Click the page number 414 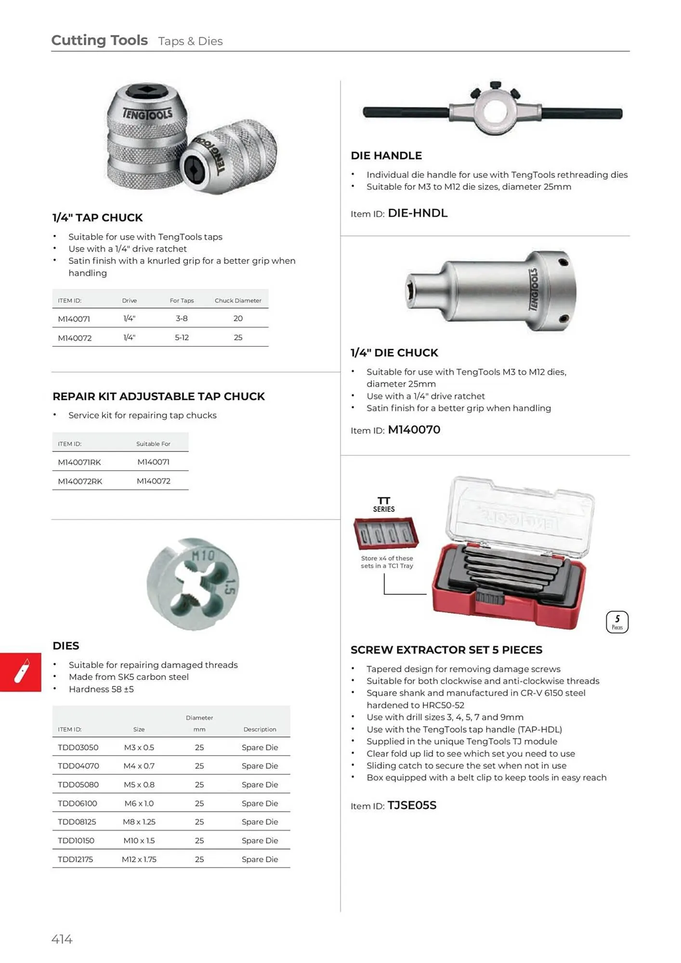pos(62,938)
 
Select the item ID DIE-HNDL pos(417,213)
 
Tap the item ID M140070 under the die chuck pos(414,429)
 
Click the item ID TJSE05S pos(412,805)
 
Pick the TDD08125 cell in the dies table pos(77,821)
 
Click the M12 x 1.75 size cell pos(139,859)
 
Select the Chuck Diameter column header pos(238,300)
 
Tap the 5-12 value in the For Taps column pos(182,338)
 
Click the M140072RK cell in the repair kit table pos(80,481)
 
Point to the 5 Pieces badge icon pos(617,622)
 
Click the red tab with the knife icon pos(21,672)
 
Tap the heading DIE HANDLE pos(386,156)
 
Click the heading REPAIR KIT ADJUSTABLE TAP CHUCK pos(158,396)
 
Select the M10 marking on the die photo pos(203,556)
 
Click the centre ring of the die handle pos(495,111)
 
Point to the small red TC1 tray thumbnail pos(386,534)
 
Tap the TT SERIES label pos(383,504)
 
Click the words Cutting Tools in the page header pos(99,40)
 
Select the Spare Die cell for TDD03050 pos(260,747)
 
